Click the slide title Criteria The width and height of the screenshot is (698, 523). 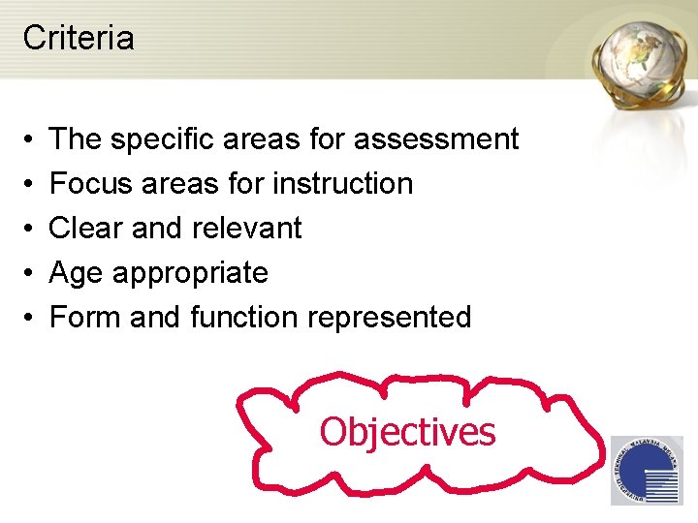79,38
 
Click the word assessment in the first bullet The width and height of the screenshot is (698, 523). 436,139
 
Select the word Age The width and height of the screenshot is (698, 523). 77,274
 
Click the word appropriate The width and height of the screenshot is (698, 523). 190,274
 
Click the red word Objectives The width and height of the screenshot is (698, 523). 407,432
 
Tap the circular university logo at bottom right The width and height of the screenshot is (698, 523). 646,470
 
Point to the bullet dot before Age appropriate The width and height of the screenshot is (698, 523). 28,274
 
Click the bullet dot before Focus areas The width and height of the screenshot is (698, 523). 28,184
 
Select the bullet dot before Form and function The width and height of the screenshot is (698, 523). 28,318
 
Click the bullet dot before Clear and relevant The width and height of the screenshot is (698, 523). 28,229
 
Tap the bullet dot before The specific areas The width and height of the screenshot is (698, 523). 28,139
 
